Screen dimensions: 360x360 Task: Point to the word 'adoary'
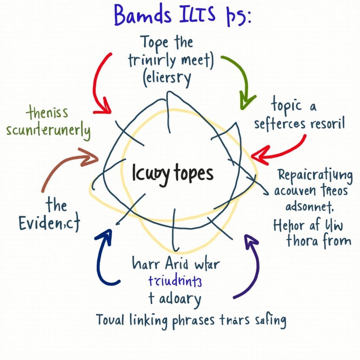pyautogui.click(x=179, y=300)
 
